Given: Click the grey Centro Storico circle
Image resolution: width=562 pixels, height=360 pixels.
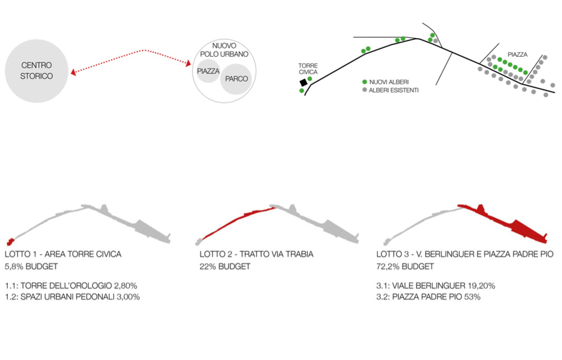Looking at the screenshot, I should (37, 71).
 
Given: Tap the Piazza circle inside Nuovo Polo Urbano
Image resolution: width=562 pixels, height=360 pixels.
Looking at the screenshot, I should (208, 71).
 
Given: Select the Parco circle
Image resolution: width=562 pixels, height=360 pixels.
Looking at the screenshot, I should (236, 78).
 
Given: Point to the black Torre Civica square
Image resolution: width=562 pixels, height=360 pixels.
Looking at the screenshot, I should (303, 82).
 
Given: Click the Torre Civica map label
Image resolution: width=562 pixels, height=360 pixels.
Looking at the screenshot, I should (308, 69).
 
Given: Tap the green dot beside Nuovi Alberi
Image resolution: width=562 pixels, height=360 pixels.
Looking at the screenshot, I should (365, 82).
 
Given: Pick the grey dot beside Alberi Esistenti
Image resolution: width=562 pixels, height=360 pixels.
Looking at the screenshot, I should (365, 90).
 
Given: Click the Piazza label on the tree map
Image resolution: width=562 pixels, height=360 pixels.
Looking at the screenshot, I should (517, 55).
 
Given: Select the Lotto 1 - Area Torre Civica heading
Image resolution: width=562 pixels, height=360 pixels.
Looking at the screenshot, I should (63, 254).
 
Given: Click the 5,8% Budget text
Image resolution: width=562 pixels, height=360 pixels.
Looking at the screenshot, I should (31, 266).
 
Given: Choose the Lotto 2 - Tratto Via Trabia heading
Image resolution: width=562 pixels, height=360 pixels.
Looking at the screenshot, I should (256, 254).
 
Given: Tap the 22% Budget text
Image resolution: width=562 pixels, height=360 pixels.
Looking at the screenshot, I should (225, 266).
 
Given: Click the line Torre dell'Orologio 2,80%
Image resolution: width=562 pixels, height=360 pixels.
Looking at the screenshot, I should (71, 286).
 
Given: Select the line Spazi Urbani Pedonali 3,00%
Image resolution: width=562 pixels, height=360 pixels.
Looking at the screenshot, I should (72, 296).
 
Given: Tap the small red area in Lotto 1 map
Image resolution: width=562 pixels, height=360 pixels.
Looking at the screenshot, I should (9, 242).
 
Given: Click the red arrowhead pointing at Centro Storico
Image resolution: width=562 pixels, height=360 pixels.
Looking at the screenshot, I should (74, 72).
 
